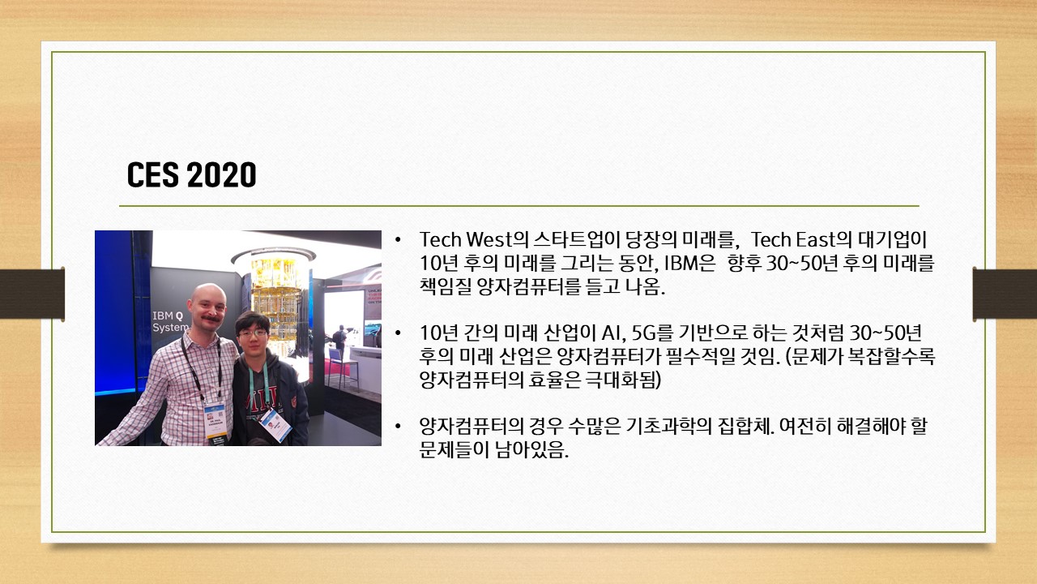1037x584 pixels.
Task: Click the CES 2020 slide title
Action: point(192,174)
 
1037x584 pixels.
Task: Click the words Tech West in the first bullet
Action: point(465,239)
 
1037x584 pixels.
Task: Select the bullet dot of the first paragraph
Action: point(398,240)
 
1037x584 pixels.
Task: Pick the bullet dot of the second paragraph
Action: point(398,333)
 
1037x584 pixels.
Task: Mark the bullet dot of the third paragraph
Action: point(398,426)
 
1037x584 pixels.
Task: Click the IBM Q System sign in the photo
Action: point(171,322)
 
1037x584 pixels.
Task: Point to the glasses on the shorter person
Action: point(253,333)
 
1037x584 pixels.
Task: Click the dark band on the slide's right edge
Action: point(1005,294)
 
